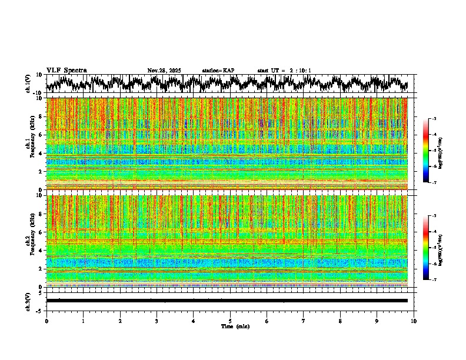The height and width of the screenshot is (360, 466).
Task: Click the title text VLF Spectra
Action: pyautogui.click(x=66, y=71)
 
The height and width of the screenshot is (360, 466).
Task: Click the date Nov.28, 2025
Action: pyautogui.click(x=164, y=71)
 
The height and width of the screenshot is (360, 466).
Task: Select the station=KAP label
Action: pyautogui.click(x=218, y=71)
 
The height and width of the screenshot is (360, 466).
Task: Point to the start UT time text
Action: pyautogui.click(x=284, y=71)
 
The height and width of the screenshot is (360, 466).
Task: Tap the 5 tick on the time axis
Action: pyautogui.click(x=230, y=321)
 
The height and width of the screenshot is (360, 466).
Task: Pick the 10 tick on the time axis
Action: pyautogui.click(x=414, y=321)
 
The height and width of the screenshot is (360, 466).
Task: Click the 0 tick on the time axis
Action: pyautogui.click(x=46, y=321)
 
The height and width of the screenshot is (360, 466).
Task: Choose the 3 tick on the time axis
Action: pyautogui.click(x=157, y=321)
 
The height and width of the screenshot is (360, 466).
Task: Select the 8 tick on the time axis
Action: pyautogui.click(x=340, y=321)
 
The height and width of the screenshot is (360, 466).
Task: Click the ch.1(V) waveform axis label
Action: pyautogui.click(x=29, y=84)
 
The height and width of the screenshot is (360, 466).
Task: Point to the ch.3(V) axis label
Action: pyautogui.click(x=29, y=301)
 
